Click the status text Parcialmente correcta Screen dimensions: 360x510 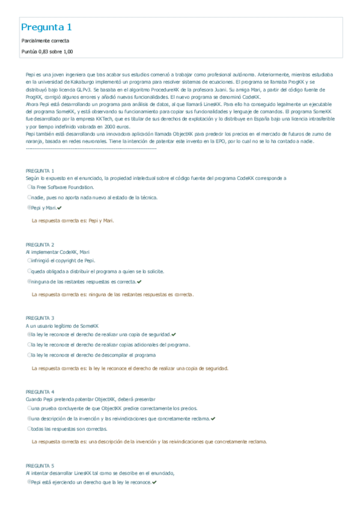(x=41, y=41)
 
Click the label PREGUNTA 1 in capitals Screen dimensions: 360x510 (x=40, y=171)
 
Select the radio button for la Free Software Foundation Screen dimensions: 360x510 (x=29, y=188)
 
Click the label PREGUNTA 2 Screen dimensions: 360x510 (x=40, y=245)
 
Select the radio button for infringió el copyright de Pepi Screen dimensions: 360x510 (x=29, y=261)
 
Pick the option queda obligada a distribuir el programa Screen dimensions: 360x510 (x=96, y=271)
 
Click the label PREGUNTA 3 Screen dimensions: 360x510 (x=40, y=318)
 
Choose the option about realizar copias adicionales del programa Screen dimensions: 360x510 (x=109, y=345)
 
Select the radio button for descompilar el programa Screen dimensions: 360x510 (x=29, y=355)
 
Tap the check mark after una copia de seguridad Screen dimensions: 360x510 (x=174, y=334)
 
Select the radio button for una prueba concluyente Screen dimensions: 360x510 (x=29, y=408)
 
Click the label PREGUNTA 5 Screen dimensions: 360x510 (x=40, y=465)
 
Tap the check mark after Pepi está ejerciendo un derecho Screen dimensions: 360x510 (x=155, y=482)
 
